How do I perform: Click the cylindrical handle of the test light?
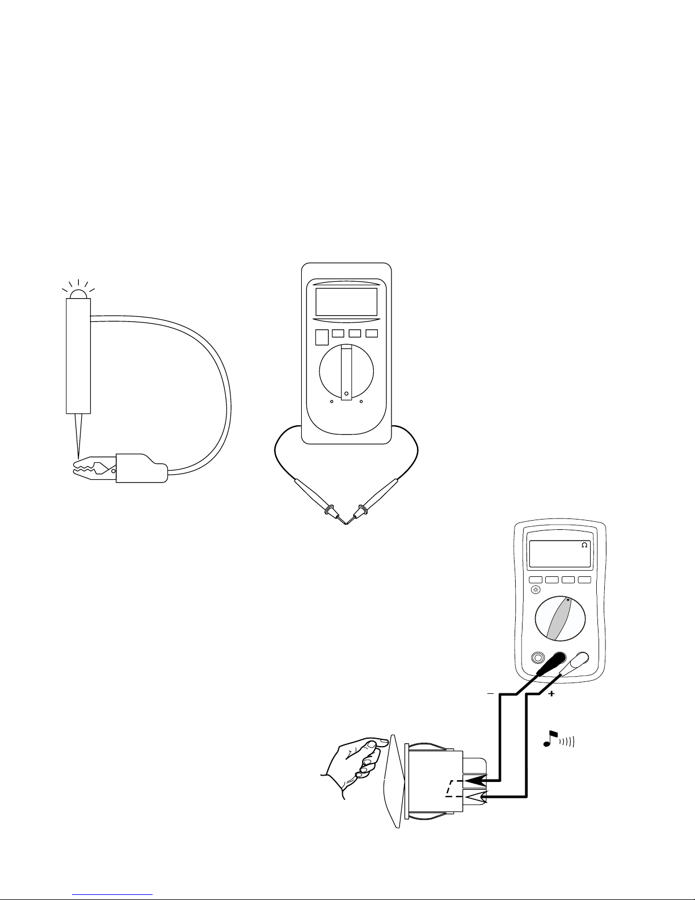click(x=78, y=355)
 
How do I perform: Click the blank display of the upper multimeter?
click(x=346, y=302)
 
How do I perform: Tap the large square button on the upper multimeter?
click(x=321, y=337)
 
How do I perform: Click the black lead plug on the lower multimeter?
click(x=551, y=663)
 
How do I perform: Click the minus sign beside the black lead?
click(x=491, y=694)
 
